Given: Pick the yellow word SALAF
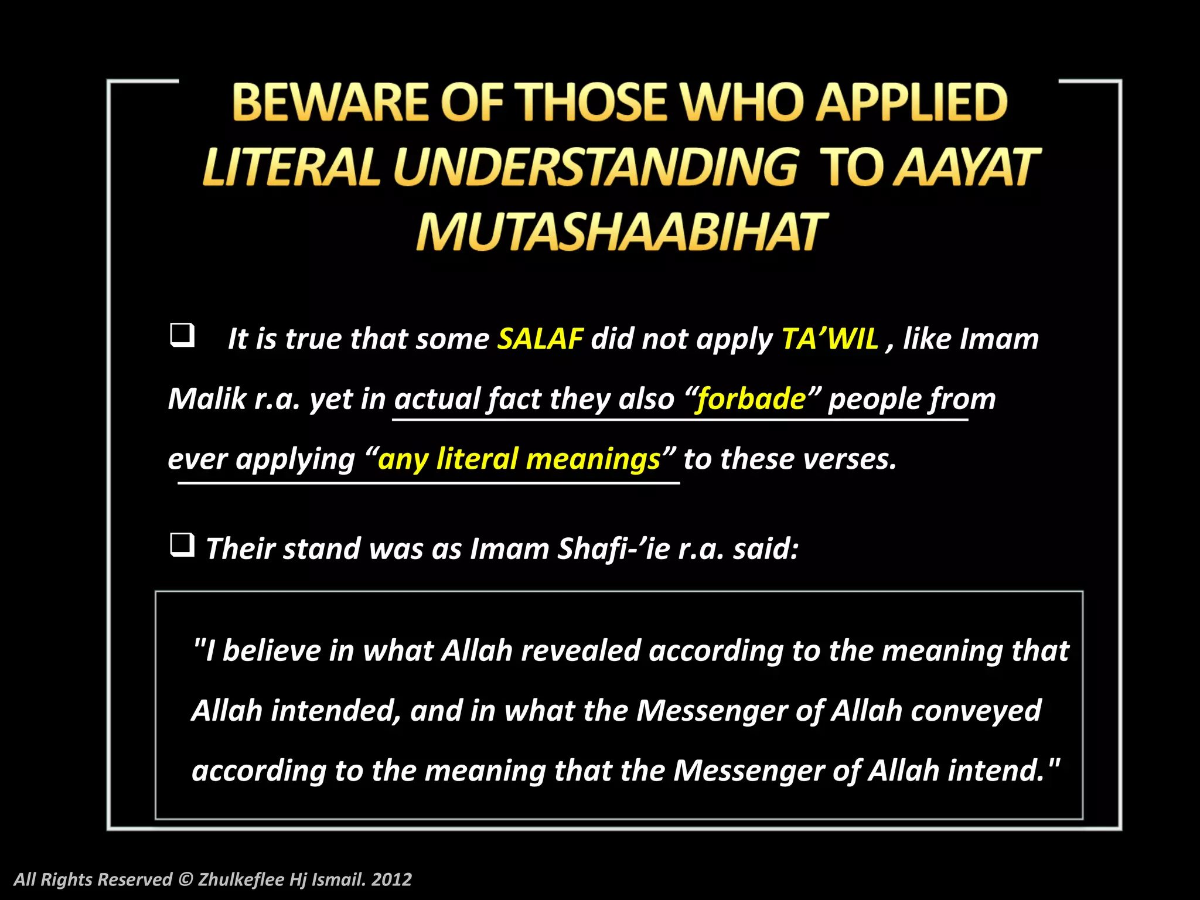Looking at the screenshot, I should coord(540,339).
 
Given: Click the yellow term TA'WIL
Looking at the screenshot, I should coord(830,339).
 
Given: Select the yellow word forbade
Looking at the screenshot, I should coord(751,399).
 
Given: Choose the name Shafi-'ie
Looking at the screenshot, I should coord(613,549).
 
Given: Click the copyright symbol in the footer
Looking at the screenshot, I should coord(185,879).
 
